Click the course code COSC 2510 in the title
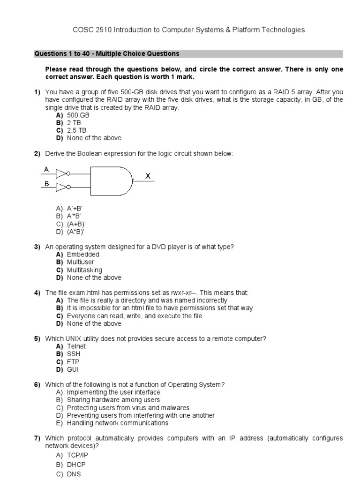pyautogui.click(x=90, y=30)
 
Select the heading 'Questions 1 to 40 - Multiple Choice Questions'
pyautogui.click(x=106, y=54)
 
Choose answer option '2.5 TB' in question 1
pyautogui.click(x=77, y=130)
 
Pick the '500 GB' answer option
pyautogui.click(x=78, y=115)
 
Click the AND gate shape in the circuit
pyautogui.click(x=111, y=180)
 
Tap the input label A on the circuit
pyautogui.click(x=46, y=169)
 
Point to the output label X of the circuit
pyautogui.click(x=148, y=176)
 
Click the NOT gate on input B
pyautogui.click(x=62, y=188)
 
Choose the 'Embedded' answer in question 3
pyautogui.click(x=83, y=255)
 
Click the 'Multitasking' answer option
pyautogui.click(x=84, y=270)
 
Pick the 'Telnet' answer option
pyautogui.click(x=77, y=346)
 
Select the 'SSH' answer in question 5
pyautogui.click(x=74, y=354)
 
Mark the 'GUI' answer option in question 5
pyautogui.click(x=73, y=369)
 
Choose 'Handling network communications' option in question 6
pyautogui.click(x=117, y=423)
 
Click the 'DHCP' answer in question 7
pyautogui.click(x=76, y=465)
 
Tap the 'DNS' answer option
pyautogui.click(x=74, y=474)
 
